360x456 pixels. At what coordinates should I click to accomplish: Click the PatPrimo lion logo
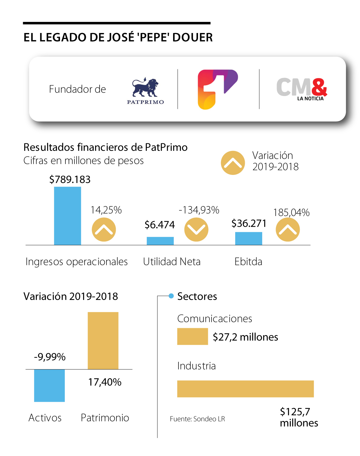pos(145,90)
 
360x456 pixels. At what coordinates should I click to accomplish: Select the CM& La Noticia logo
pos(301,89)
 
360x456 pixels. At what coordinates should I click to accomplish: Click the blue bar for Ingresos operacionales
pos(67,216)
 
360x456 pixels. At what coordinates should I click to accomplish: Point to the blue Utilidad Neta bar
pos(160,241)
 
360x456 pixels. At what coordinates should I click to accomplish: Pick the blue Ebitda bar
pos(248,238)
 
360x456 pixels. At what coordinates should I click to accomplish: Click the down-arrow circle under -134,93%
pos(196,229)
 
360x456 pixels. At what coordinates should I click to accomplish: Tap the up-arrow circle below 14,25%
pos(104,229)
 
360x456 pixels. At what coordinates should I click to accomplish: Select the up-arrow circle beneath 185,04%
pos(288,229)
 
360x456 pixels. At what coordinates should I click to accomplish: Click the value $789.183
pos(70,179)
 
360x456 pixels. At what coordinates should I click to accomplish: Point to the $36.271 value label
pos(249,223)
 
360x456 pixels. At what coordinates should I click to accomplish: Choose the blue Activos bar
pos(49,385)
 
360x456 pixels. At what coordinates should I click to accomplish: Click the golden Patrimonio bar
pos(103,340)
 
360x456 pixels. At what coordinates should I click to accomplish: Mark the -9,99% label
pos(50,357)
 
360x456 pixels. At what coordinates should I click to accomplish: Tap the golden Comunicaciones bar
pos(192,336)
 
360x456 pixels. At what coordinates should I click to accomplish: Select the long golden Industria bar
pos(245,389)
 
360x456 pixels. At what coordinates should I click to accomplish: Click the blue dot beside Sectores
pos(171,296)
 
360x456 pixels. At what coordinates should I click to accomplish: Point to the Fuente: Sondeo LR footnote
pos(197,419)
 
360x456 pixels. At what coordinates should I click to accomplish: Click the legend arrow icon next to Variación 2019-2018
pos(233,163)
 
